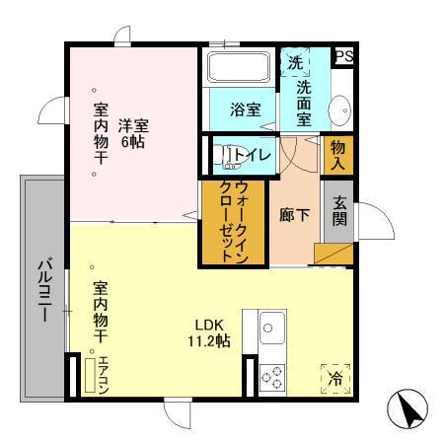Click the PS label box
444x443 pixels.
[344, 57]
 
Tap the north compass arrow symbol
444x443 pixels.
[410, 408]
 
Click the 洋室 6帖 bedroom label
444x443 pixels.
[132, 132]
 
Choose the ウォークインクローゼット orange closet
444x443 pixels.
[233, 221]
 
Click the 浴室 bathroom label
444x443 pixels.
[247, 110]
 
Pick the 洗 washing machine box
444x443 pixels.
[295, 62]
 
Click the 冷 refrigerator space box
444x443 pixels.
[335, 378]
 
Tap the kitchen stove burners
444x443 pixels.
[271, 375]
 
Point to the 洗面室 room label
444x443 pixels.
[303, 101]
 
